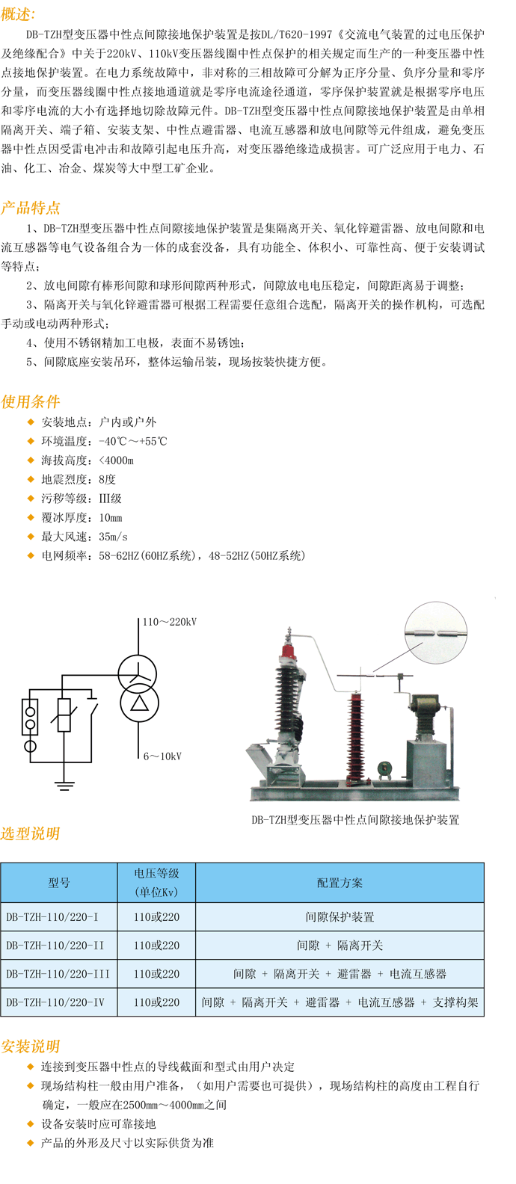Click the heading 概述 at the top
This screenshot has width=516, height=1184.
(x=17, y=14)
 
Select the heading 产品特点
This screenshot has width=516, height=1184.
(x=30, y=208)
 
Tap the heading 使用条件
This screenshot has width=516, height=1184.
(x=30, y=401)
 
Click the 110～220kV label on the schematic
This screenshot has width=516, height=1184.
(x=170, y=622)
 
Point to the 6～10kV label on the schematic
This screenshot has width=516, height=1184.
(x=162, y=756)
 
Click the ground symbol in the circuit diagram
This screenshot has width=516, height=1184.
(x=64, y=785)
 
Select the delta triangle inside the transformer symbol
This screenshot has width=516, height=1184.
(x=140, y=703)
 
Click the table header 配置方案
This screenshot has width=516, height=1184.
(x=340, y=884)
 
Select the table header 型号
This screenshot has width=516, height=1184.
(x=58, y=884)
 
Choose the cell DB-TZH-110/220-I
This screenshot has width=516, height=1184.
(x=52, y=917)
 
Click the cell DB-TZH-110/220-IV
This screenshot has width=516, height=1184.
(x=55, y=1002)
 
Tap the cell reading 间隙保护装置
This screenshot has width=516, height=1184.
(x=340, y=917)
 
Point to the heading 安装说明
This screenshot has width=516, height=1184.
(x=30, y=1046)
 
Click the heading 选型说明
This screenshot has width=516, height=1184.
(x=30, y=833)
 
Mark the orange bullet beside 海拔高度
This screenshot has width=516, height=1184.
(x=31, y=460)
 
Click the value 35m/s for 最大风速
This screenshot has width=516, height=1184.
(x=113, y=537)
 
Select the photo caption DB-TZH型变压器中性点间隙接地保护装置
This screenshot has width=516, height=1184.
(x=355, y=820)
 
